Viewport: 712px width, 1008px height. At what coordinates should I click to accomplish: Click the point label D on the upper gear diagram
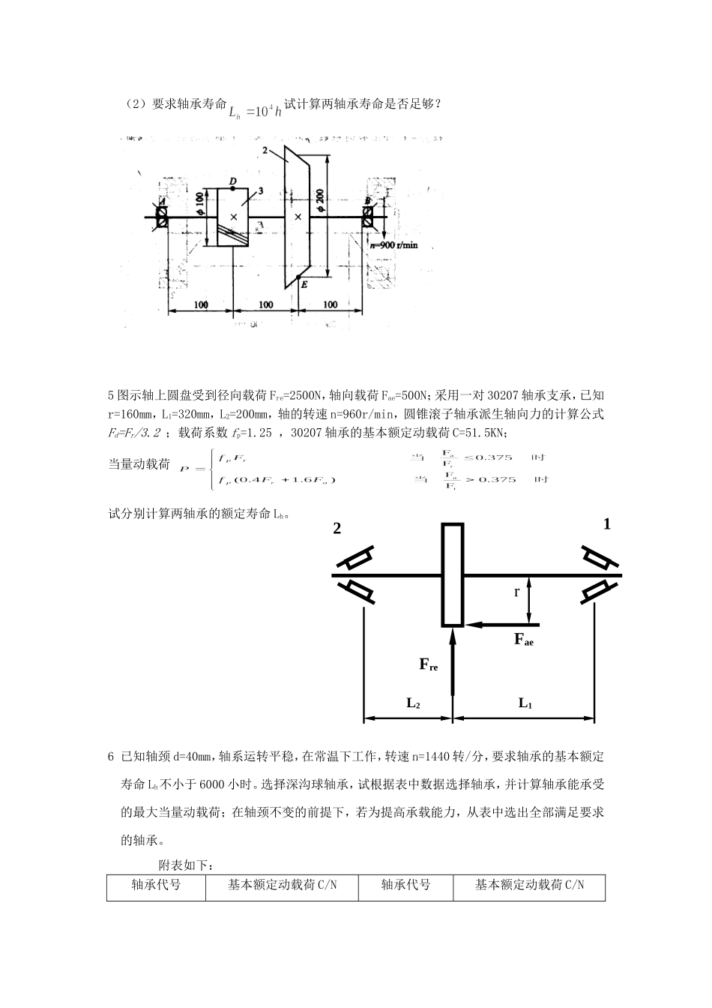click(x=232, y=182)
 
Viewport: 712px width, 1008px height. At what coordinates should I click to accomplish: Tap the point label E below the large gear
click(x=304, y=283)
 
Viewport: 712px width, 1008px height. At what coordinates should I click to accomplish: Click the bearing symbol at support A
click(x=161, y=216)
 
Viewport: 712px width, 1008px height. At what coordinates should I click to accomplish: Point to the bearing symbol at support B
click(x=367, y=216)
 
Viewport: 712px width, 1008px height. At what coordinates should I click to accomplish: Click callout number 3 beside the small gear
click(x=259, y=191)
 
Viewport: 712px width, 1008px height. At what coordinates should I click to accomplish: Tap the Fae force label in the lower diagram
click(x=523, y=640)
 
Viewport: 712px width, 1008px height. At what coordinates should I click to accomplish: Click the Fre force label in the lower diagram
click(x=428, y=664)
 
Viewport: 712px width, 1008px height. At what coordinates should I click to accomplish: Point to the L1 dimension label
click(x=525, y=703)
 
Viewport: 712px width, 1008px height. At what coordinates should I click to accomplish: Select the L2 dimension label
click(x=413, y=703)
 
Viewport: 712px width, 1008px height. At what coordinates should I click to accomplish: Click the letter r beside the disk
click(x=516, y=592)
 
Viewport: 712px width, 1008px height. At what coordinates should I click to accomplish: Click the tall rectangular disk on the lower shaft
click(x=452, y=575)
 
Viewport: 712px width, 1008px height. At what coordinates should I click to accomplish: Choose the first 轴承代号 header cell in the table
click(x=156, y=886)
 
